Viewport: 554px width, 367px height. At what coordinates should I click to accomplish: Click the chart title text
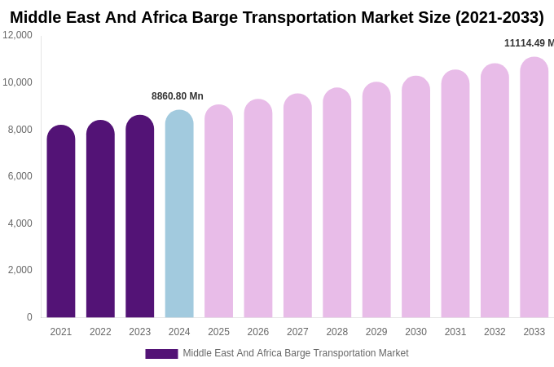(277, 17)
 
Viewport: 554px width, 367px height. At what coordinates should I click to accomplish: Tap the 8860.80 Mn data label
(178, 96)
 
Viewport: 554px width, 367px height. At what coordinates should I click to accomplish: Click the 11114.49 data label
(529, 43)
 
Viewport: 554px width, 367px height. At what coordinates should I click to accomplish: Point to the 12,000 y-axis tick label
(17, 35)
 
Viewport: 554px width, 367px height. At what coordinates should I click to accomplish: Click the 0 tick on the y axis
(29, 317)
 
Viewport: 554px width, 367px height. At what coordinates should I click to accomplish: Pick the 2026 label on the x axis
(258, 332)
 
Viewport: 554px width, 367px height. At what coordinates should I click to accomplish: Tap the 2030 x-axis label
(415, 332)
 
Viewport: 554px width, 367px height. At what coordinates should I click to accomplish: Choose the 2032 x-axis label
(495, 332)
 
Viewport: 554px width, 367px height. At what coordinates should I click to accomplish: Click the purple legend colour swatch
(161, 354)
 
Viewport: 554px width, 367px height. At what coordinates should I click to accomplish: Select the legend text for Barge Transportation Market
(296, 353)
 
